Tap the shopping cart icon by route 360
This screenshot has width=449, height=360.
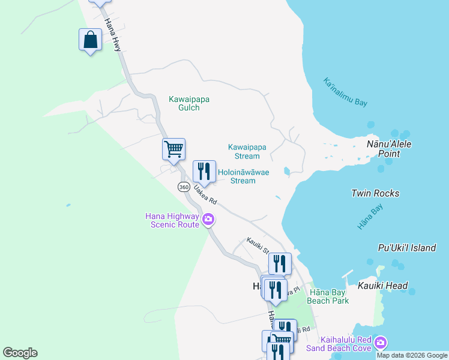(174, 149)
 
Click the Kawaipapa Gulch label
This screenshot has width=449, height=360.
(189, 103)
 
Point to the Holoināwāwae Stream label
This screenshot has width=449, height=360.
(243, 176)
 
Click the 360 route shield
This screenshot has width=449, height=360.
(184, 187)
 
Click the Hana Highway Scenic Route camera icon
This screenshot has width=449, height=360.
(208, 220)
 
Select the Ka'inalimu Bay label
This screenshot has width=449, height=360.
(345, 92)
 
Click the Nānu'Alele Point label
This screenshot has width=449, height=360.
(388, 149)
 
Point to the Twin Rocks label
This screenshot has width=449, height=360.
(375, 193)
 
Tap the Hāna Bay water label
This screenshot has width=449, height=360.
(370, 217)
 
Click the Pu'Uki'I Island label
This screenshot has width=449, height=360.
(407, 248)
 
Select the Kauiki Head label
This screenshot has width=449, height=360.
(385, 286)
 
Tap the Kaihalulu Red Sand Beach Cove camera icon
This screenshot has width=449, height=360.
(380, 343)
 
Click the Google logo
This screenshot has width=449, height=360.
(20, 353)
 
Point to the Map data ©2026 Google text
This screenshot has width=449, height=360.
(411, 355)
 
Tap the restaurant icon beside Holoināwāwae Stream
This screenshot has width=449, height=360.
(204, 172)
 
